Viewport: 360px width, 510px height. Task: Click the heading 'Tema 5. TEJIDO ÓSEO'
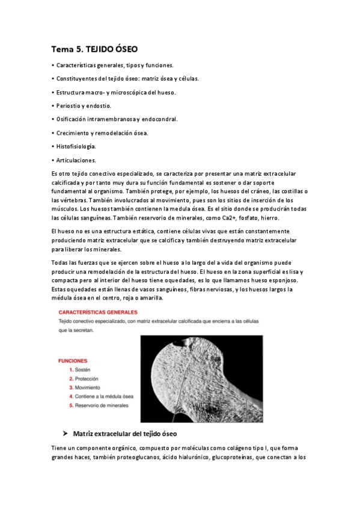(97, 49)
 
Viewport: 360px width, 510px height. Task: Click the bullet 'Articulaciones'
(75, 160)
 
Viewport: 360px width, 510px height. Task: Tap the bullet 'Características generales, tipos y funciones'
(114, 65)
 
